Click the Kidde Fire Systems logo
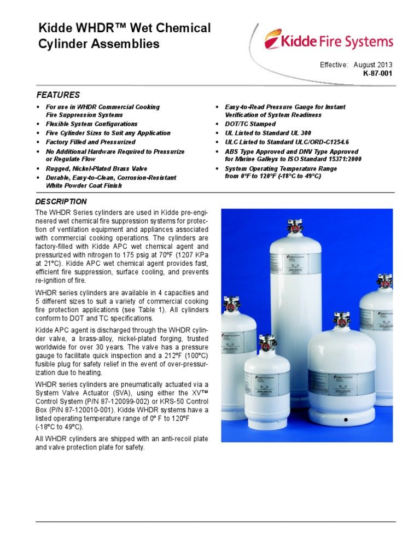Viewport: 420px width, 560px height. point(329,42)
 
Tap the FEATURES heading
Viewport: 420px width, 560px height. point(59,95)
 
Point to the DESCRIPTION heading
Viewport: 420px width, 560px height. point(61,201)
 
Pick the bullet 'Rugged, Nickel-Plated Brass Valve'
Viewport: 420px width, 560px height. point(96,169)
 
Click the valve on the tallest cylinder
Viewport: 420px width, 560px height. point(296,226)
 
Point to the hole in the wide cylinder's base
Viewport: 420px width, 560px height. point(345,420)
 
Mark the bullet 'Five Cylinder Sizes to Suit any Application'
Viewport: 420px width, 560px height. point(108,133)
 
